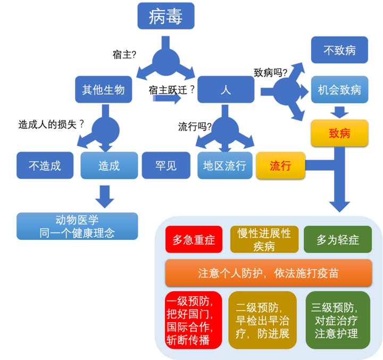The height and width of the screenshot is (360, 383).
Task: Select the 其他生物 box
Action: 104,89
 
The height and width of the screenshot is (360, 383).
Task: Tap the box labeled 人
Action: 226,89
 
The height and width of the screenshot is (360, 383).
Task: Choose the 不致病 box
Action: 339,52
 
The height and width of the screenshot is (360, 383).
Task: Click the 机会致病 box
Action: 339,89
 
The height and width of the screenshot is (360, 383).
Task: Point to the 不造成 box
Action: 45,165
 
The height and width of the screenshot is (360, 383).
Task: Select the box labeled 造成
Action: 109,165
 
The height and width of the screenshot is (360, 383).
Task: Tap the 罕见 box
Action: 165,165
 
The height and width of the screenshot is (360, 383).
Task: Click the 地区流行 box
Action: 224,165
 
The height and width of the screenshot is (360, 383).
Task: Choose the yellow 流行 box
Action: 280,165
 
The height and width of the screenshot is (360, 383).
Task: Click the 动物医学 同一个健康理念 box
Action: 77,226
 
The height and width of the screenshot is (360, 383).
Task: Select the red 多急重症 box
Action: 193,240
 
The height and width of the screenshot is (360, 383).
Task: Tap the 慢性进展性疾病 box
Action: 264,240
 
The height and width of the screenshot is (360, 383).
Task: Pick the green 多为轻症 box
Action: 338,240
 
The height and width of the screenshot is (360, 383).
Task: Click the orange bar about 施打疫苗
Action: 268,273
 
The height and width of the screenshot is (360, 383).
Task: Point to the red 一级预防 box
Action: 193,320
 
